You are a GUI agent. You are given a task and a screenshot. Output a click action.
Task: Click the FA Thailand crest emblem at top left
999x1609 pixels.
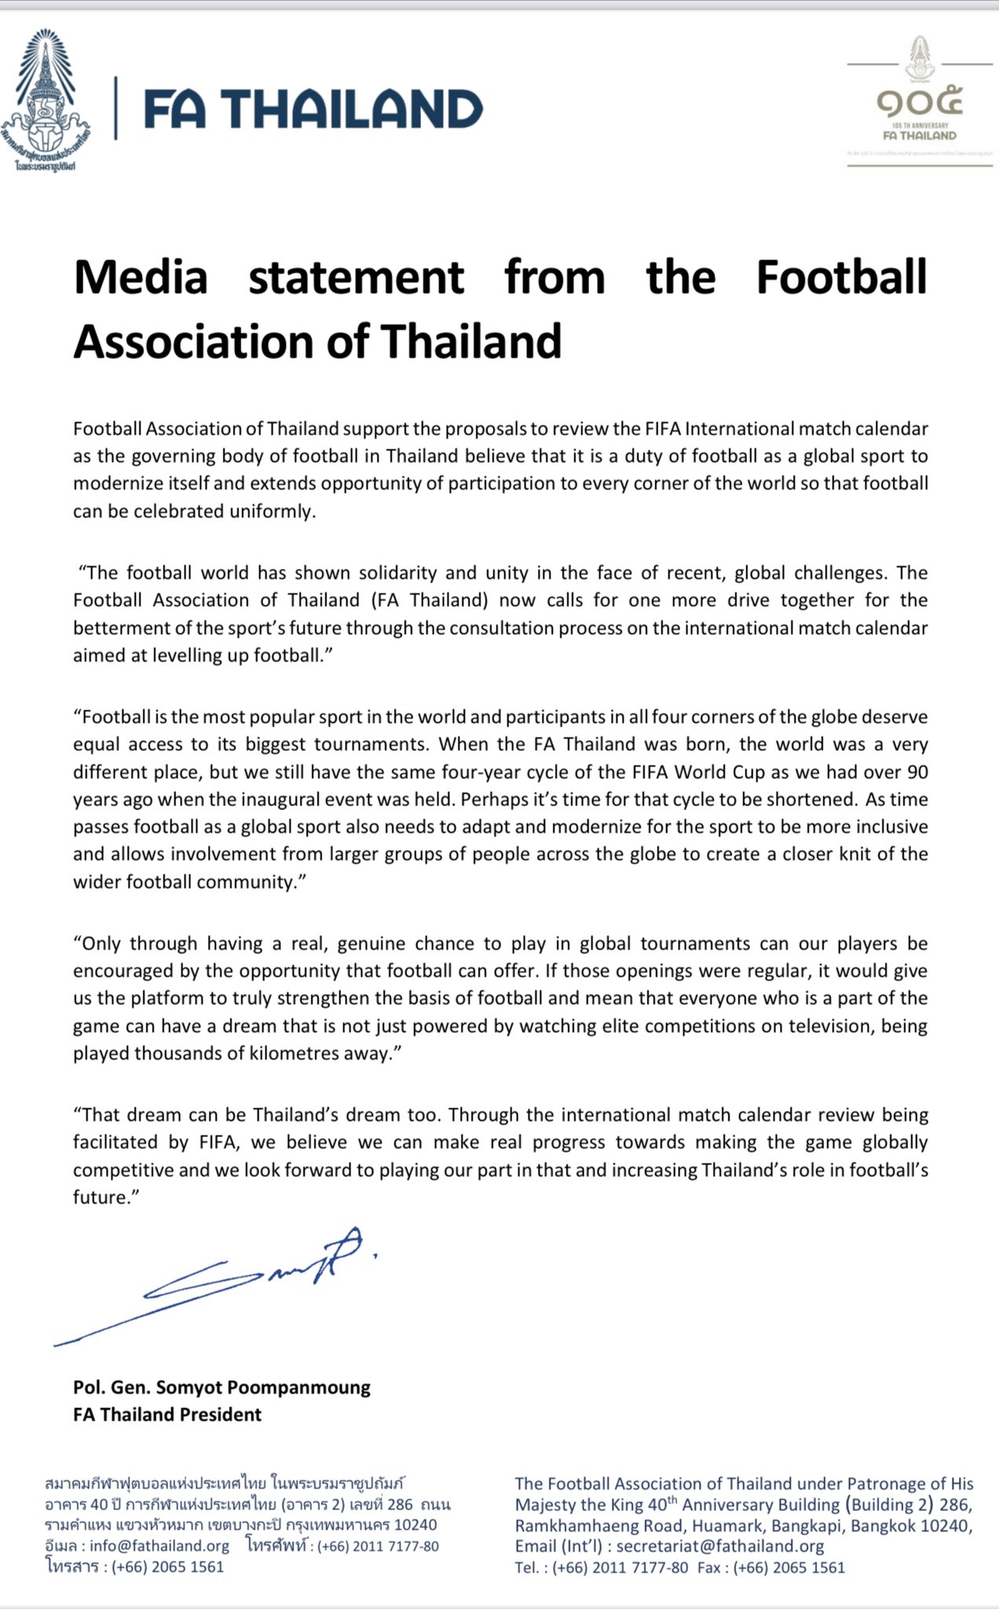(x=47, y=101)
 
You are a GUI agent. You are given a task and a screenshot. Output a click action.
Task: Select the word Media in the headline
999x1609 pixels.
(x=141, y=277)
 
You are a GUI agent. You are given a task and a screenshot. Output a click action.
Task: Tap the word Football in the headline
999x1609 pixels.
(x=841, y=277)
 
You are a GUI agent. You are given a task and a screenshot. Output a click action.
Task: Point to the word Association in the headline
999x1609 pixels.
(x=221, y=342)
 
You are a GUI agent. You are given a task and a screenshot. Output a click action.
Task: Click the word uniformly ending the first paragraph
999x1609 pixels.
(x=275, y=511)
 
